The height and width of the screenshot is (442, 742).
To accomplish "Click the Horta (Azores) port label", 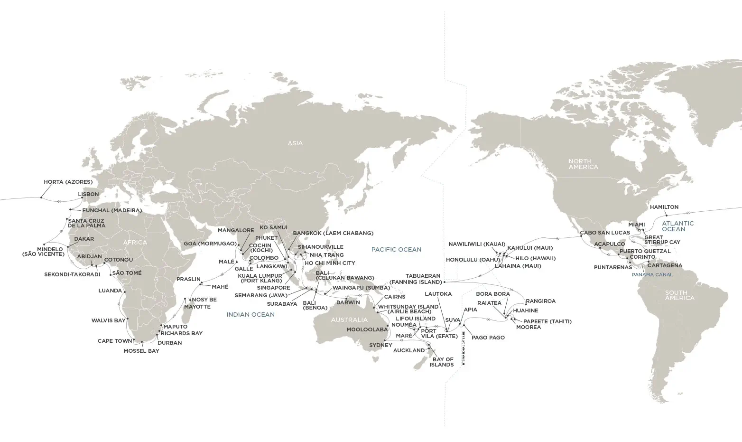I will pos(68,182).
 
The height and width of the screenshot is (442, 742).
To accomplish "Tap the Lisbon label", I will pos(88,194).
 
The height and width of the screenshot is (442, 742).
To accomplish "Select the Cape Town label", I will pos(115,341).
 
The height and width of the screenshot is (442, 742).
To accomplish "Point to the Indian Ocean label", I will pos(250,314).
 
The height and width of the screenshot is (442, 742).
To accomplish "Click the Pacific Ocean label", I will pos(396,249).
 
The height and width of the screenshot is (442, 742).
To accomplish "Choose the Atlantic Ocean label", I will pos(677,226).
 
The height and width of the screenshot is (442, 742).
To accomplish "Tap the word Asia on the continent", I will pos(295,143).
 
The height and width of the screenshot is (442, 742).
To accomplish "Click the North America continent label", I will pos(583,164).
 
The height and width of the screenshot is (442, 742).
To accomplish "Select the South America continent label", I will pos(679,295).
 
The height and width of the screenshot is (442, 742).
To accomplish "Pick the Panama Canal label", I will pos(652,274).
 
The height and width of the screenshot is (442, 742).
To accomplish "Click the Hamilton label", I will pos(664,207).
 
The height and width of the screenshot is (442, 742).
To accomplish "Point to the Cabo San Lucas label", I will pos(605,233).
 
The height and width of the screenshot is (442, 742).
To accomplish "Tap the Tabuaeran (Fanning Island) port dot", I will pos(445,282).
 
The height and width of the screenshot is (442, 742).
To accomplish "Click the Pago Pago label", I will pos(488,338).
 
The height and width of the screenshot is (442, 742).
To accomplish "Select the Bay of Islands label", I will pos(442,362).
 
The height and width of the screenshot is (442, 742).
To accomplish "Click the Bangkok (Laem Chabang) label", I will pos(333,233).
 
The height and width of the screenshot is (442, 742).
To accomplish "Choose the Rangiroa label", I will pos(540,301).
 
